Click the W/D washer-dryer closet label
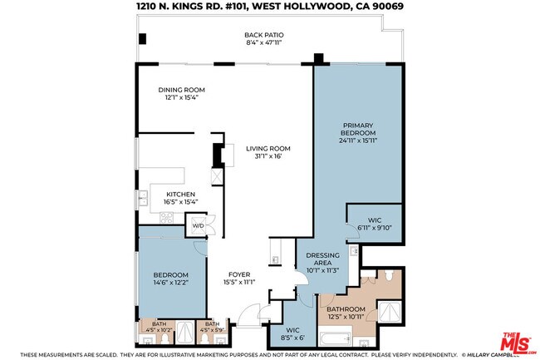tap(199, 225)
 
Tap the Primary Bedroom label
tap(359, 133)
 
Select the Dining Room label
tap(182, 91)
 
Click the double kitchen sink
tap(143, 198)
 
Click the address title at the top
tap(270, 7)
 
